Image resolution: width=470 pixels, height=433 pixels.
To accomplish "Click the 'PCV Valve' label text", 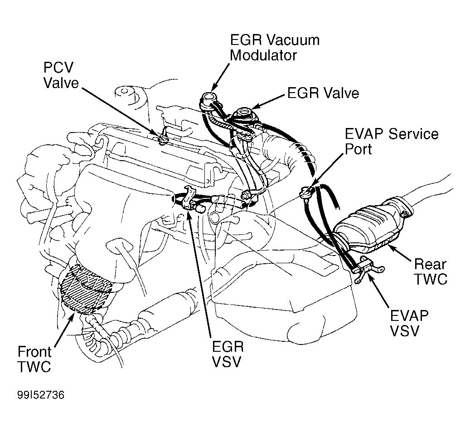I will click(x=61, y=75).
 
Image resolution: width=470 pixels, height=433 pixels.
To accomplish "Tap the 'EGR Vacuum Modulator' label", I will click(x=275, y=47).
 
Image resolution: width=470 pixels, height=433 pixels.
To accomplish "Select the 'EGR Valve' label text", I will click(x=323, y=93).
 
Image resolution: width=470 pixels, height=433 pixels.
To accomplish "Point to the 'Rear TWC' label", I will click(x=430, y=271).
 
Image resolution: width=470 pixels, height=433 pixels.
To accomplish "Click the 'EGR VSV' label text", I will click(x=228, y=354).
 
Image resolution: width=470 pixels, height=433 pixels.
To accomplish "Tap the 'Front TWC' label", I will click(x=34, y=359).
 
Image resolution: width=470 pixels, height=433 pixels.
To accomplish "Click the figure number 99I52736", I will click(x=41, y=395).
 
